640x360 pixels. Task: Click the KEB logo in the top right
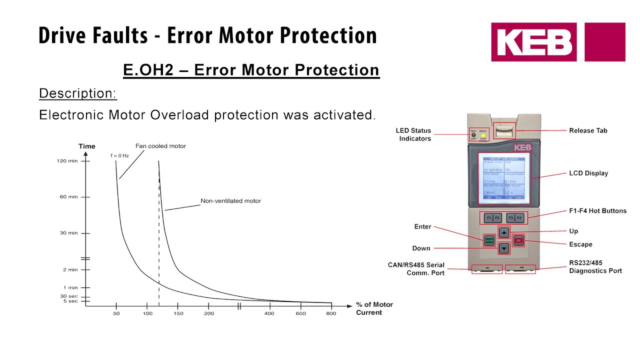click(x=557, y=42)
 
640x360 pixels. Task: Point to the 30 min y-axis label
click(x=69, y=233)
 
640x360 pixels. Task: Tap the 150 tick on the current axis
click(x=178, y=305)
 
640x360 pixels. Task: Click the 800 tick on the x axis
click(x=331, y=305)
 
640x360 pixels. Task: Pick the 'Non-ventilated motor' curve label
click(x=230, y=201)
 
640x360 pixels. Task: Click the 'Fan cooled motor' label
click(x=160, y=146)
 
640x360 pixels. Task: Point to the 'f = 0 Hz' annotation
click(x=120, y=155)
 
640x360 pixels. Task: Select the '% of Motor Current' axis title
click(x=374, y=308)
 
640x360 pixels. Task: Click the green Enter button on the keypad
click(x=489, y=240)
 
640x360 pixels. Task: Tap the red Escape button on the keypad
click(x=518, y=240)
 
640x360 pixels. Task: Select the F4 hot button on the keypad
click(x=519, y=218)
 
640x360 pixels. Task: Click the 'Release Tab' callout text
click(x=588, y=130)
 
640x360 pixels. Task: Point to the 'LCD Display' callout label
click(x=588, y=173)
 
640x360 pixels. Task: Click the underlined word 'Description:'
click(x=77, y=93)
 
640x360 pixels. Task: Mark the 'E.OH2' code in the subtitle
click(x=148, y=70)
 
